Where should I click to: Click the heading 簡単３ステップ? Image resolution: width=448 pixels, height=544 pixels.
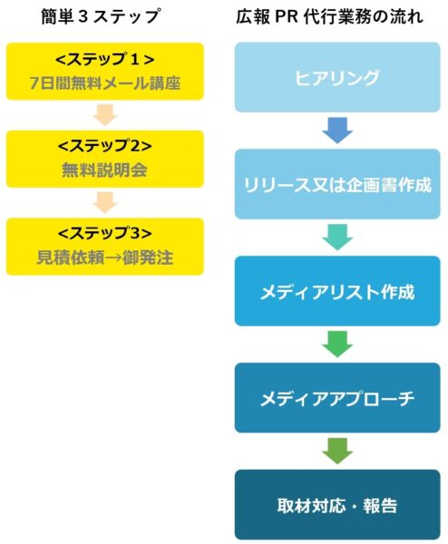(101, 16)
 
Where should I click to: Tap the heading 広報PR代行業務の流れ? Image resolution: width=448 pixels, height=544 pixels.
(330, 16)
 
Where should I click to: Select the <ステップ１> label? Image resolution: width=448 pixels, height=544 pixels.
(105, 60)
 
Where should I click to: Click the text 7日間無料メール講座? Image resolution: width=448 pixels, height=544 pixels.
(105, 83)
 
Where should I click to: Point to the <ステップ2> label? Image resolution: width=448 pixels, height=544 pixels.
(105, 146)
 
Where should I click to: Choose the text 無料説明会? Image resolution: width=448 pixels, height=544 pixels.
(104, 170)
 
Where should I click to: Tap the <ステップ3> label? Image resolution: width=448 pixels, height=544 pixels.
(105, 233)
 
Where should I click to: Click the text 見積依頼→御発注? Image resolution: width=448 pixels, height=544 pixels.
(105, 257)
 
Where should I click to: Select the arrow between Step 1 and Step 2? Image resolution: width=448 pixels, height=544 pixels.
(105, 114)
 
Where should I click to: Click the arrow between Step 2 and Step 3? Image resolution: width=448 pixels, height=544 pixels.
(105, 202)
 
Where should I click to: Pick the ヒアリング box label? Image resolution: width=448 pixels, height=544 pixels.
(337, 77)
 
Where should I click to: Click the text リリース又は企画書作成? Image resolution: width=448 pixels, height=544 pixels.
(337, 185)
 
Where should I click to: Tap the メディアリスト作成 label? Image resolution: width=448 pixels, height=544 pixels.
(337, 292)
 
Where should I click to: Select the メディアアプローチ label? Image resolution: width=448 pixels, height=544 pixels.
(337, 399)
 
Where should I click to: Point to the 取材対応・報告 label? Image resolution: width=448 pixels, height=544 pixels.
(337, 506)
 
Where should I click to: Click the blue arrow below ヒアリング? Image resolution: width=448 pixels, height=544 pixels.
(337, 131)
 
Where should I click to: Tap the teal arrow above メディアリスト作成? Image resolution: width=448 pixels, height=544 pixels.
(337, 238)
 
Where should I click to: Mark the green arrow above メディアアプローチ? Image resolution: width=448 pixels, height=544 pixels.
(337, 345)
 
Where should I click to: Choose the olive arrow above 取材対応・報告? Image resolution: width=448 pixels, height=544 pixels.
(337, 451)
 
